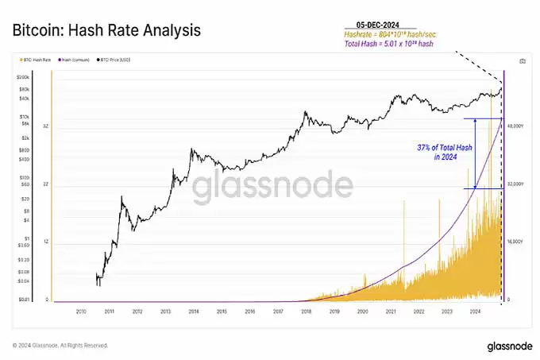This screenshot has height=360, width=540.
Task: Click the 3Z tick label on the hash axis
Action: [x=46, y=126]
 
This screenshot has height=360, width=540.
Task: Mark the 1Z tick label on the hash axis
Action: [x=46, y=242]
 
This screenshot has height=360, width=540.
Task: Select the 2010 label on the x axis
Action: [x=82, y=312]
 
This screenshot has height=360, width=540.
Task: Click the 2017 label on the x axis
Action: [x=277, y=312]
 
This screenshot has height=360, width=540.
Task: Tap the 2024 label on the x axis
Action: [x=475, y=312]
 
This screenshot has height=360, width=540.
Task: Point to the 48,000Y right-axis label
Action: [x=517, y=126]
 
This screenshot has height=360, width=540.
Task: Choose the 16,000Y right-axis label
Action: [x=517, y=242]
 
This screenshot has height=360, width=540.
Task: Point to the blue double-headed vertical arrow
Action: [x=475, y=153]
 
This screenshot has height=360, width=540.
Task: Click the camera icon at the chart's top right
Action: [x=522, y=60]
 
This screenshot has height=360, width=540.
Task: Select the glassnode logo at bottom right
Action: [x=505, y=346]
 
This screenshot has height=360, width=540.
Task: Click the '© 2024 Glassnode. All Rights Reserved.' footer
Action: [x=60, y=346]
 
